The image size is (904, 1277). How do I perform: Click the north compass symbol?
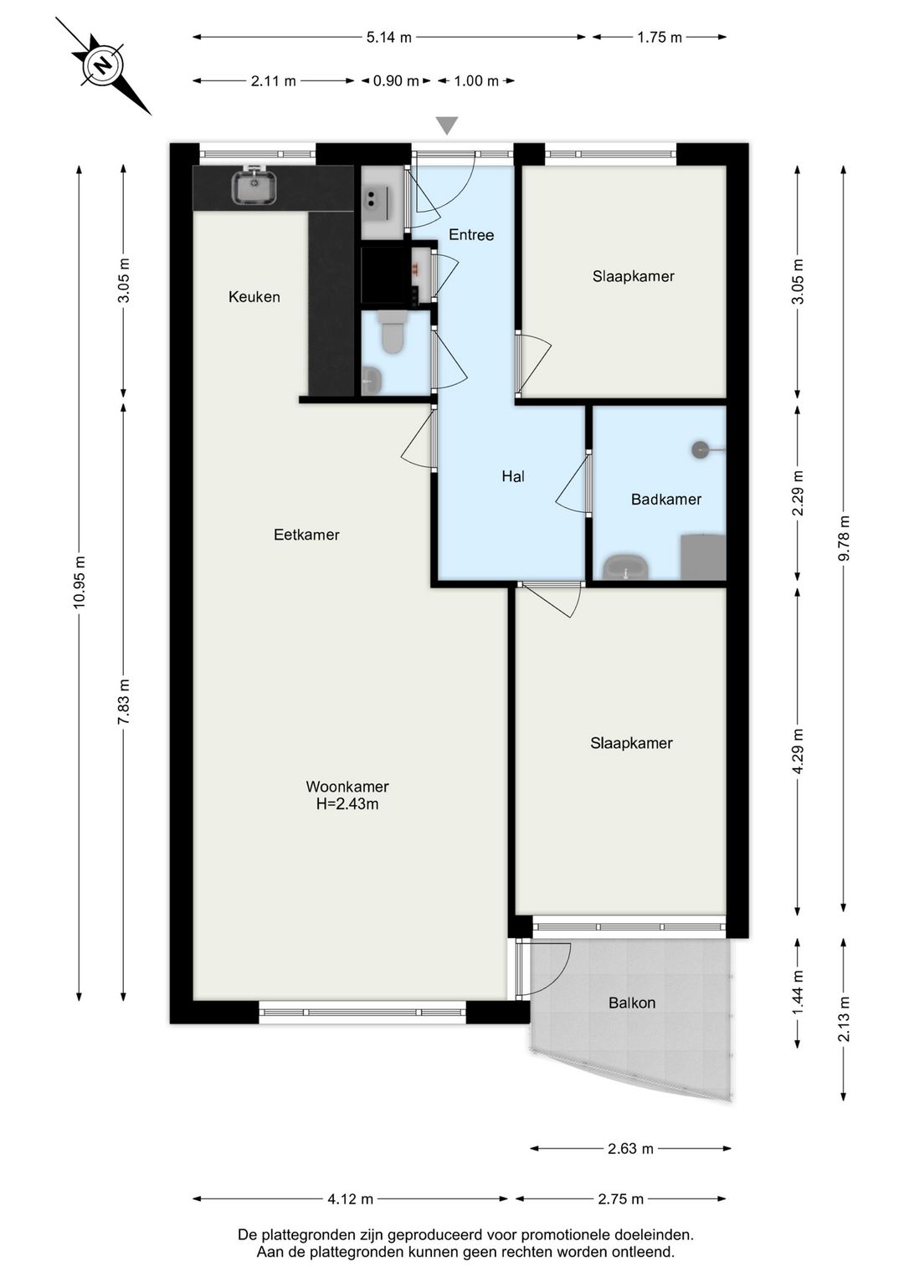(x=103, y=66)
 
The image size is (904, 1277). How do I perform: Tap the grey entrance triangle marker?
(x=447, y=126)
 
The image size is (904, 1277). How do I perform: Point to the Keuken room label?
(x=254, y=297)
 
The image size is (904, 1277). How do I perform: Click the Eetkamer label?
(x=306, y=535)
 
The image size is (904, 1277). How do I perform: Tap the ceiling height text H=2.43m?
(x=347, y=804)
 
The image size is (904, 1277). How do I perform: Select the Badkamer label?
(x=666, y=500)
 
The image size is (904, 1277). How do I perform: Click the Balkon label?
(x=632, y=1003)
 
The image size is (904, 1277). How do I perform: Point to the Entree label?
(x=471, y=235)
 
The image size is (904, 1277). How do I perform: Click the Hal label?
(x=513, y=477)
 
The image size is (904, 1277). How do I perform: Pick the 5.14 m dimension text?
(x=388, y=38)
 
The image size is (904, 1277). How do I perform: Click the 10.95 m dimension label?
(x=79, y=582)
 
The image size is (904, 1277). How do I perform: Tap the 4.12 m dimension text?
(x=350, y=1199)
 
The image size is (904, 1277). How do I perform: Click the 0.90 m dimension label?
(x=396, y=81)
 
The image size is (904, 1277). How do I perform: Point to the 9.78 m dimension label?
(x=844, y=538)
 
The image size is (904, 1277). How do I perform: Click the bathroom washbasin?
(x=626, y=567)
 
